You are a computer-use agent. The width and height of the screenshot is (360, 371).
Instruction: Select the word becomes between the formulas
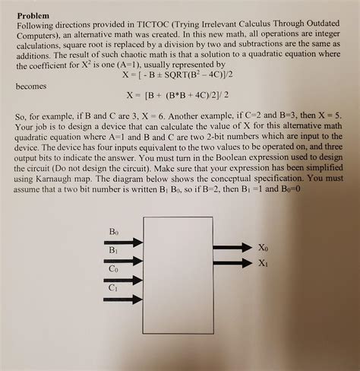pyautogui.click(x=31, y=88)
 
